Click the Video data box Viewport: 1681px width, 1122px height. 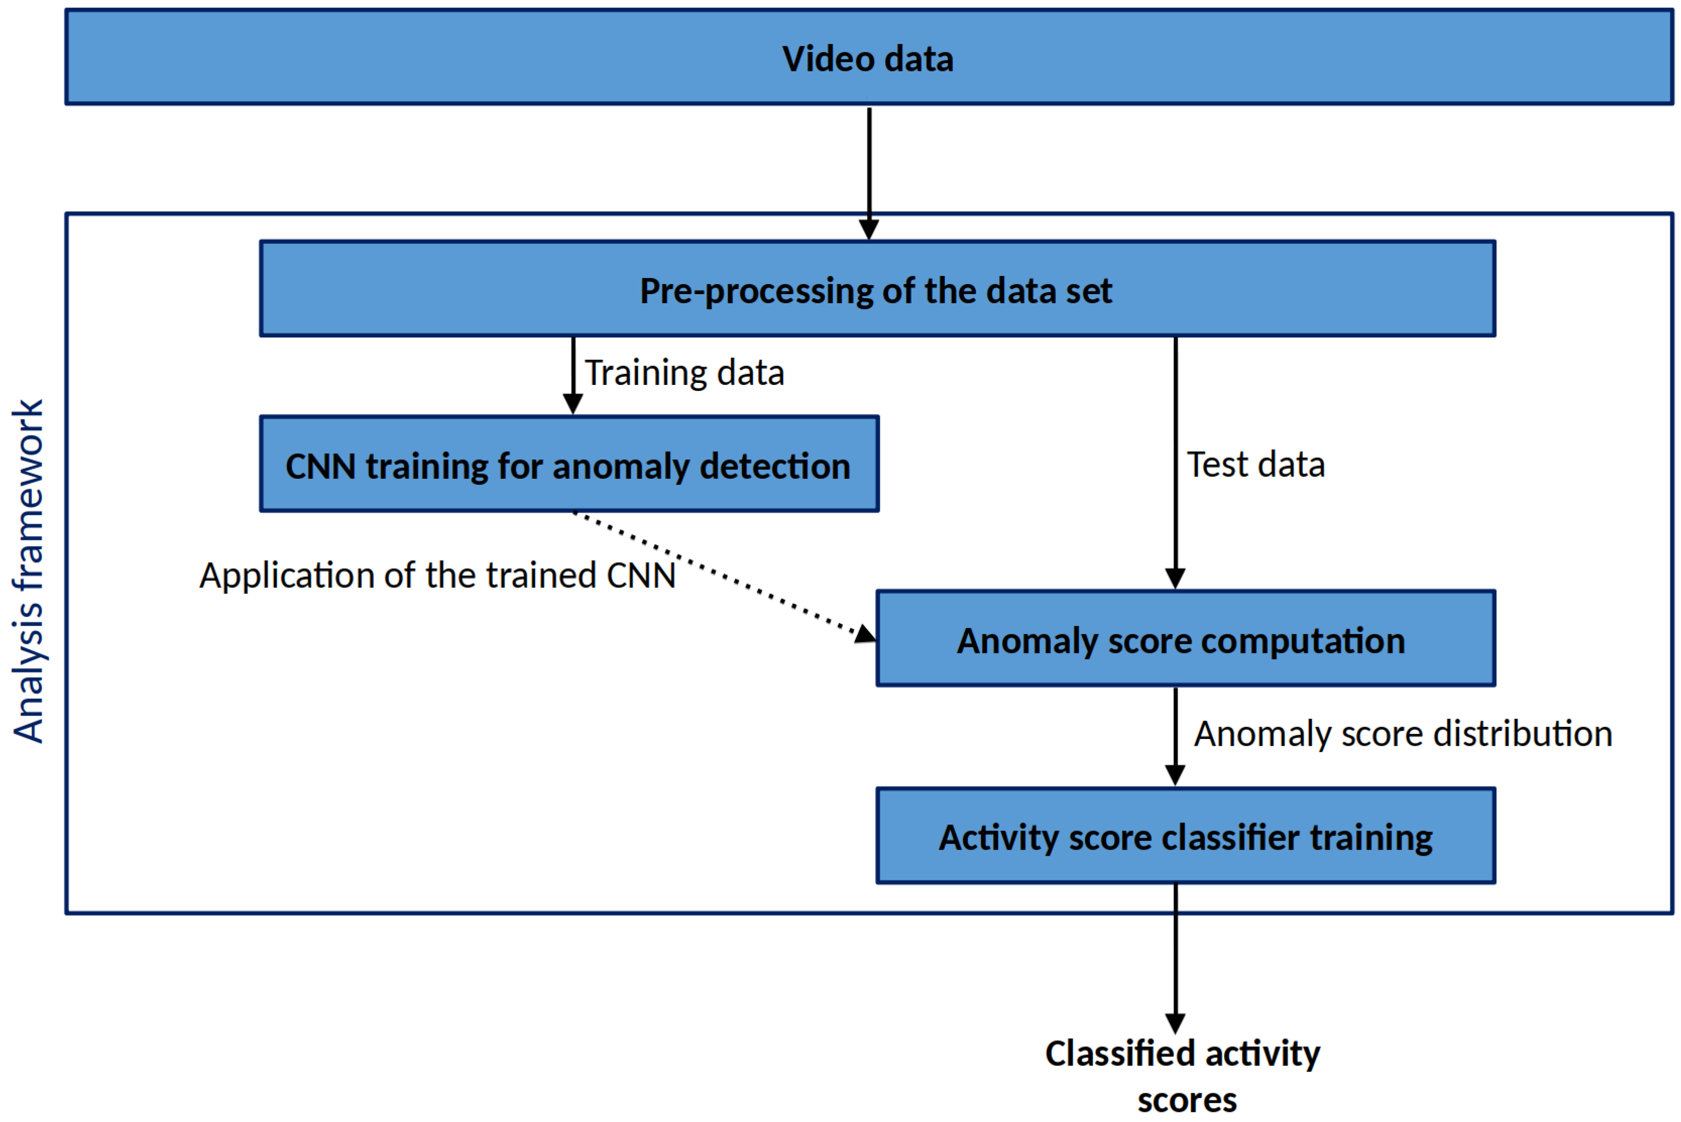point(869,57)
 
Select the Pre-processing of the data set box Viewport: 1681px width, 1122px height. point(877,289)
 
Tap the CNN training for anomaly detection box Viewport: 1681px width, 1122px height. point(569,465)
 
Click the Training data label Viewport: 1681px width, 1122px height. point(685,373)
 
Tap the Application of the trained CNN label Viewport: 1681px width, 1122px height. point(437,575)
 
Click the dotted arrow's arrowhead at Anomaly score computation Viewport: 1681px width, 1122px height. point(865,634)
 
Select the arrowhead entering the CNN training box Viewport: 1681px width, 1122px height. point(572,404)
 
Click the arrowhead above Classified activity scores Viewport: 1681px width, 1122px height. point(1175,1023)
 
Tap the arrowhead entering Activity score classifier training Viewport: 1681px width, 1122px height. point(1175,775)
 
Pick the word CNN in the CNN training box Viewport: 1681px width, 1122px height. point(320,467)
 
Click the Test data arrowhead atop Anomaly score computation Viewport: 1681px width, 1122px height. point(1175,578)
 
